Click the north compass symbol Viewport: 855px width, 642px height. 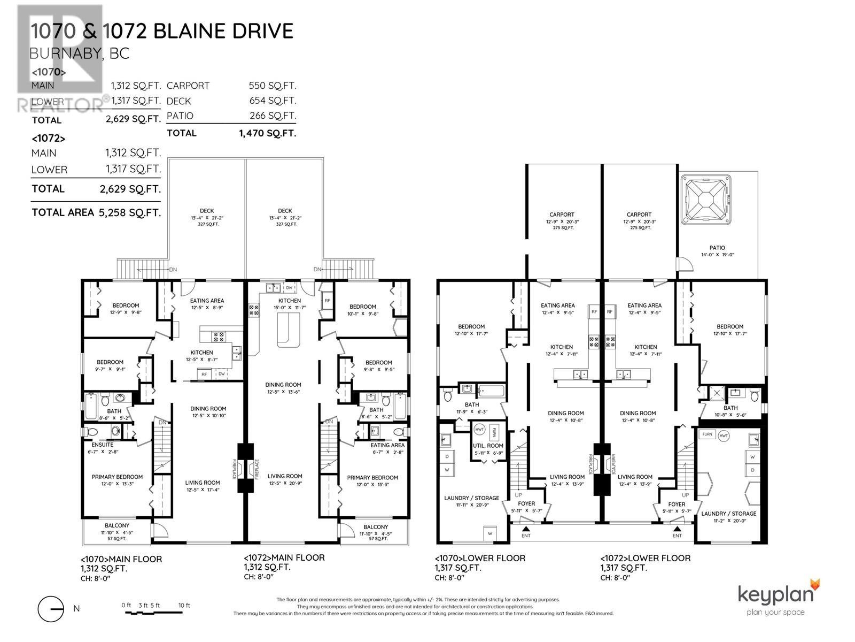tap(51, 608)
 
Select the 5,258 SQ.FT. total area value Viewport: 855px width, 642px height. tap(129, 212)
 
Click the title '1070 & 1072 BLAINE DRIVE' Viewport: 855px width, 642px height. tap(162, 31)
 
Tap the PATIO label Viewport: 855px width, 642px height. tap(717, 248)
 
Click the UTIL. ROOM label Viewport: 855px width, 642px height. tap(488, 445)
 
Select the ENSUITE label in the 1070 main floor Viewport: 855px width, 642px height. tap(102, 445)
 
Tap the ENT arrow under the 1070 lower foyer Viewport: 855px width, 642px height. tap(526, 529)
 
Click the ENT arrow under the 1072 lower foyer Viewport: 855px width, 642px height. tap(677, 529)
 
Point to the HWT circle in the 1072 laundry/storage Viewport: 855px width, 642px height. tap(724, 435)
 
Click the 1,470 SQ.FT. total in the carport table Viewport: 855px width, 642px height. tap(267, 133)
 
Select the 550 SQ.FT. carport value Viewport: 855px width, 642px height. tap(272, 86)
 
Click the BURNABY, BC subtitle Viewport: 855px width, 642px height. tap(79, 54)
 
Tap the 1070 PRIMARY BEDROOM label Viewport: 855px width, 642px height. tap(117, 477)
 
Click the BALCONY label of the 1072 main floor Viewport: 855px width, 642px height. tap(376, 527)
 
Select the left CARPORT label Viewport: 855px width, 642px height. tap(562, 215)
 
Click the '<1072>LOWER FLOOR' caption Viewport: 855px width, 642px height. tap(645, 558)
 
